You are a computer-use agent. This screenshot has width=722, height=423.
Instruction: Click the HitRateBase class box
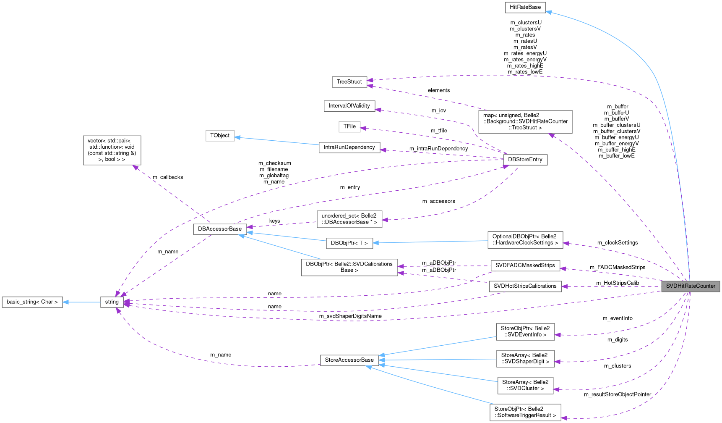click(525, 8)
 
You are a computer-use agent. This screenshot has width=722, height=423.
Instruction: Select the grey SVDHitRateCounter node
click(690, 286)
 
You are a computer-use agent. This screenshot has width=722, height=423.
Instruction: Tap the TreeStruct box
click(349, 82)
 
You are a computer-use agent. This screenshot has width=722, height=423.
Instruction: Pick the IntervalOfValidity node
click(349, 106)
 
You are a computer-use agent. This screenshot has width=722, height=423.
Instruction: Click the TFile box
click(349, 126)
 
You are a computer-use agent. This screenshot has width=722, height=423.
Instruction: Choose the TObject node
click(220, 136)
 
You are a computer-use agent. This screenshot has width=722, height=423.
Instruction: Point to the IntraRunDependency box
click(349, 147)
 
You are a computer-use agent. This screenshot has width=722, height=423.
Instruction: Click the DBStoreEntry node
click(525, 160)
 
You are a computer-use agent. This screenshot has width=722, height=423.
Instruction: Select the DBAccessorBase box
click(220, 229)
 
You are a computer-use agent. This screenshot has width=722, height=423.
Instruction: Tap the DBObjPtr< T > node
click(349, 243)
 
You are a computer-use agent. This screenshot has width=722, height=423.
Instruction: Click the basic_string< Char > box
click(32, 302)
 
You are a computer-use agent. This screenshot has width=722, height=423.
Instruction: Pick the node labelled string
click(112, 302)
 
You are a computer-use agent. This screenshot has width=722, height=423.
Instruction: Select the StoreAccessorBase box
click(349, 360)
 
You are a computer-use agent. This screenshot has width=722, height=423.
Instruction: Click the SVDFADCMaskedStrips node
click(525, 265)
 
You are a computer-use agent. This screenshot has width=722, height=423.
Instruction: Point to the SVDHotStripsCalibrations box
click(525, 286)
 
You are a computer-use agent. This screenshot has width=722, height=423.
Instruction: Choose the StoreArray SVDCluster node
click(525, 385)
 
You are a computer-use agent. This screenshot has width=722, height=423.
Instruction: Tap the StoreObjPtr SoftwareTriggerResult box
click(525, 412)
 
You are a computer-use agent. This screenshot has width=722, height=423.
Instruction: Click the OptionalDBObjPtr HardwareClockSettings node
click(525, 239)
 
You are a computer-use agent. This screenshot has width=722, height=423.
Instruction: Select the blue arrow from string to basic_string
click(82, 302)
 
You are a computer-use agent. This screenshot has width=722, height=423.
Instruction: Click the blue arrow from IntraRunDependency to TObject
click(277, 141)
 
